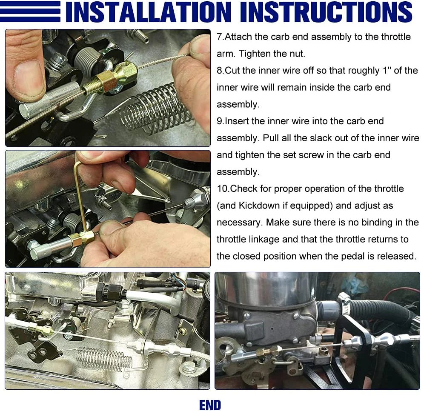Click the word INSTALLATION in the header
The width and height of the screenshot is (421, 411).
148,11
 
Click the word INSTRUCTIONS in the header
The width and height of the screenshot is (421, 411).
326,11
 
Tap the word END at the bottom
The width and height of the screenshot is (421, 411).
210,405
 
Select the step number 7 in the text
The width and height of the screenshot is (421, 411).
219,37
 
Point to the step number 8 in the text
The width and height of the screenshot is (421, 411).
219,71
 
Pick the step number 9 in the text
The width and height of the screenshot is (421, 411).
219,121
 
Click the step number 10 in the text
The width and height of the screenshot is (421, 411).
222,188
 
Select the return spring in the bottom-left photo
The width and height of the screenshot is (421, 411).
105,358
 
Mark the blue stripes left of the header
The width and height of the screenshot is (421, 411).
30,11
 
